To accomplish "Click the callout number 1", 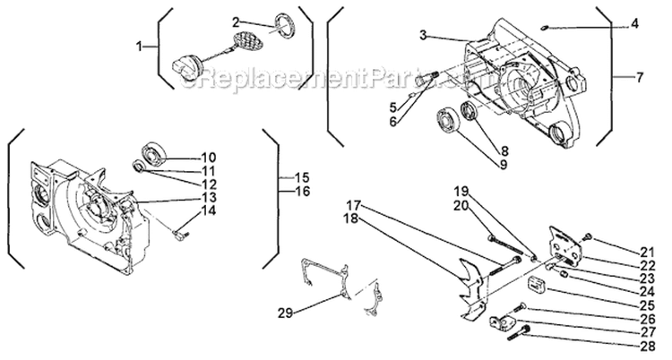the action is point(138,46).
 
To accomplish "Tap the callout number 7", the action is point(640,78).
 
